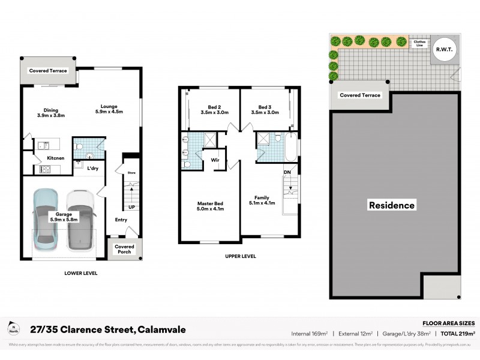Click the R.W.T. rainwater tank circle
point(444,49)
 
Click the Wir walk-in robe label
point(214,160)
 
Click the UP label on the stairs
point(131,207)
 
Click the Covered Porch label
point(125,249)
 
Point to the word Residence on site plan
point(391,205)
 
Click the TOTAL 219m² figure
point(457,333)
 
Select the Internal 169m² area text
point(311,333)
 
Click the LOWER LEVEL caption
point(80,273)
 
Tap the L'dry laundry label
point(92,168)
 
